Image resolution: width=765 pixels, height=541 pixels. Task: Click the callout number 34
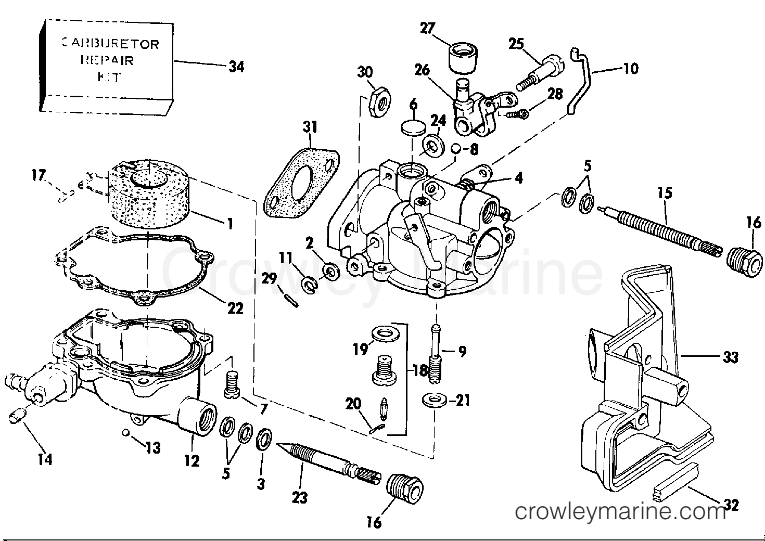tap(236, 67)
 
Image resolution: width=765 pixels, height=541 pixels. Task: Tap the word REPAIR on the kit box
tap(107, 60)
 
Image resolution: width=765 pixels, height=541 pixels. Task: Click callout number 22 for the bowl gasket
tap(235, 308)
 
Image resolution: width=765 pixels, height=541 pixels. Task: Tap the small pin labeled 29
tap(291, 300)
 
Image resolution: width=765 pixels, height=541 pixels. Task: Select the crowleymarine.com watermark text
tap(619, 512)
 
